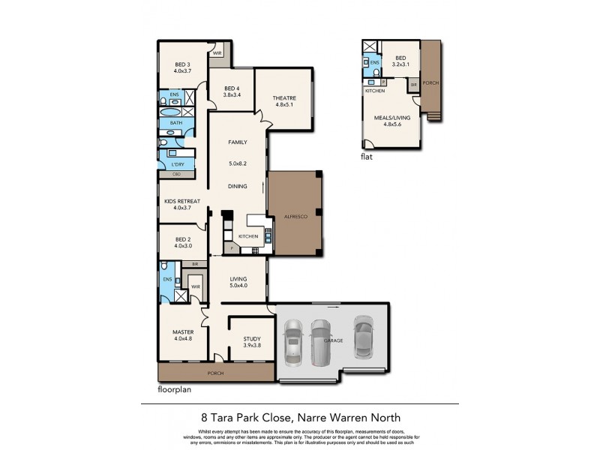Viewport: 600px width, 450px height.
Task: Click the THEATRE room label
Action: coord(284,98)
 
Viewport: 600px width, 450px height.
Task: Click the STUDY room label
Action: coord(252,338)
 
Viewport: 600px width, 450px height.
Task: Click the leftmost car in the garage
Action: coord(292,342)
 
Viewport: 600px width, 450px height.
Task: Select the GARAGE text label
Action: coord(333,340)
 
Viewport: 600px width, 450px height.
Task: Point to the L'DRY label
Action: coord(178,163)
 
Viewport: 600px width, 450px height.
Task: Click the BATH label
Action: coord(175,122)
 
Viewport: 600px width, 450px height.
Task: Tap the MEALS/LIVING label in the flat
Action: coord(392,116)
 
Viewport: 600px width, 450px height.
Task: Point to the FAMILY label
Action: coord(237,142)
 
